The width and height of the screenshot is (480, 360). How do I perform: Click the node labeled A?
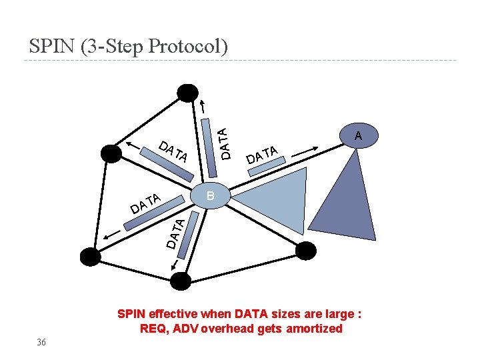358,136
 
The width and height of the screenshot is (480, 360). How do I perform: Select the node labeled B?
211,195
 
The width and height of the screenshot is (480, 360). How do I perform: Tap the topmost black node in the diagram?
187,93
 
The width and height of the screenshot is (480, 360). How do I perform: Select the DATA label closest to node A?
261,154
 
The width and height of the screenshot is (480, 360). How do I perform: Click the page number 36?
41,342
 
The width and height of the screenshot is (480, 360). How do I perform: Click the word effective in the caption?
174,313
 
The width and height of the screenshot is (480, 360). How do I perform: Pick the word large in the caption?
338,313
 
